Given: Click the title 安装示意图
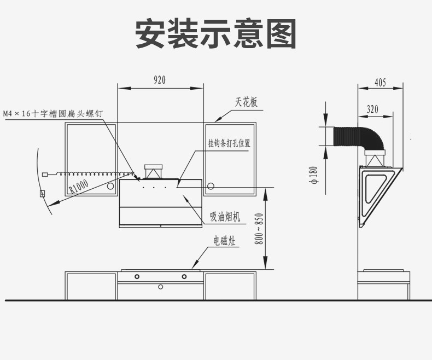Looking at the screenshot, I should [215, 34].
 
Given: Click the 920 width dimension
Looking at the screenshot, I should [159, 80].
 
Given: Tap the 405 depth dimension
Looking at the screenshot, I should [380, 83].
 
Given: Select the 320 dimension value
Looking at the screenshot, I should [372, 109].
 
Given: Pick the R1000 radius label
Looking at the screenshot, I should [79, 187].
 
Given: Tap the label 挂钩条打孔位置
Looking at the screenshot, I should [229, 143].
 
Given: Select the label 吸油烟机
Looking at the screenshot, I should [225, 217].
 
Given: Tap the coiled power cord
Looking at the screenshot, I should [93, 173].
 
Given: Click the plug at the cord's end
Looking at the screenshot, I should [46, 175].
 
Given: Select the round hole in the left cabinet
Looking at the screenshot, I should [110, 186].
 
